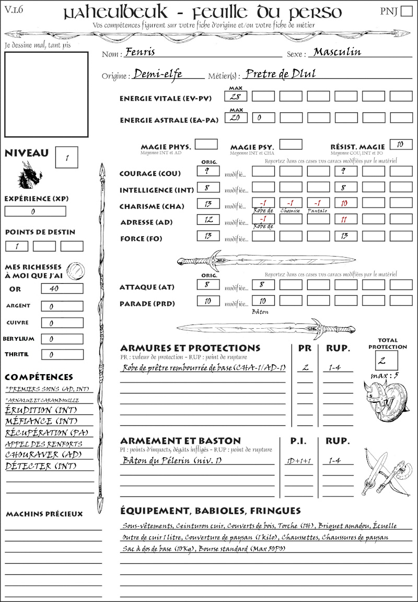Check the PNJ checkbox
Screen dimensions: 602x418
405,11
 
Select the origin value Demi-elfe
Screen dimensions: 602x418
157,74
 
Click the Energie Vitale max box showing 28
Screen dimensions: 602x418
236,96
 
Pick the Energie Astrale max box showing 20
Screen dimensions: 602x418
236,118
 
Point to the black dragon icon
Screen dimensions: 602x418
30,175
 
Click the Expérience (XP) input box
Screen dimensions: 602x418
36,212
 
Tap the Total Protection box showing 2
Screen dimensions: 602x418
387,361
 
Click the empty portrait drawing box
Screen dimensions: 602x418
46,94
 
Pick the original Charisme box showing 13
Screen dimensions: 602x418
208,204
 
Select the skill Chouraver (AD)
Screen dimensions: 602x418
43,455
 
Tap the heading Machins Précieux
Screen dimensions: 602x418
44,514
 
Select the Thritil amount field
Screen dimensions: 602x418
62,355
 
